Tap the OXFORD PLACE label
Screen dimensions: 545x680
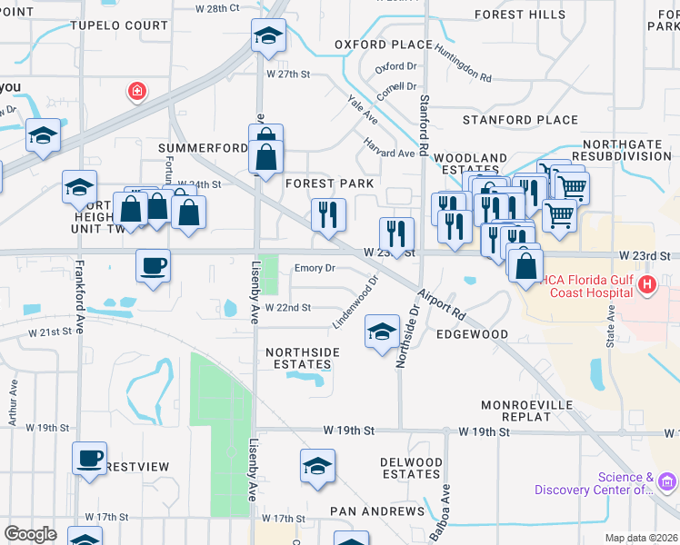[383, 45]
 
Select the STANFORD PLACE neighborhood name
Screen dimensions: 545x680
[520, 120]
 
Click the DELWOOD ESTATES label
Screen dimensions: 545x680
[411, 468]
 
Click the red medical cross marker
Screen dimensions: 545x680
[137, 91]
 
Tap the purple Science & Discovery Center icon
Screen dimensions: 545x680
[667, 481]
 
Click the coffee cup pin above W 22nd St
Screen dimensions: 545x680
[153, 266]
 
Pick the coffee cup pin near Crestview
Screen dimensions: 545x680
[89, 458]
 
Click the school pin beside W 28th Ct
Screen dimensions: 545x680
[268, 35]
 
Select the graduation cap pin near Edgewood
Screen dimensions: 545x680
[382, 332]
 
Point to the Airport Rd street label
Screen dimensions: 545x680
[443, 305]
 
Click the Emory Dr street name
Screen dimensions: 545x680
[315, 268]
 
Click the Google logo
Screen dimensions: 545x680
[30, 534]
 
